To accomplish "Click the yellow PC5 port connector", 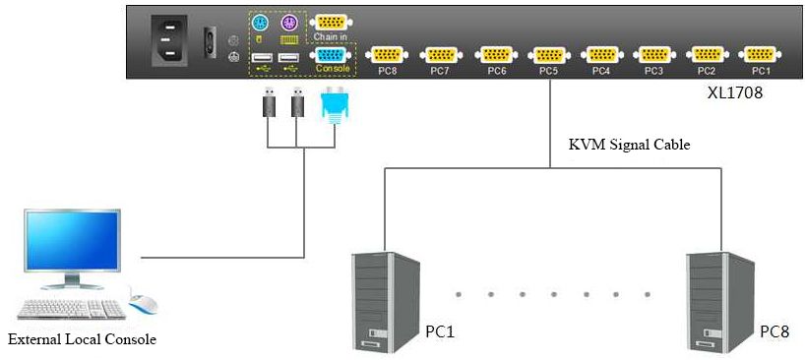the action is click(x=549, y=54).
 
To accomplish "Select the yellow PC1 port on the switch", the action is click(x=760, y=54).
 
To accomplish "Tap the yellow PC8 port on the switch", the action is click(x=387, y=54).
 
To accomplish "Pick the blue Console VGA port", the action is click(x=331, y=55).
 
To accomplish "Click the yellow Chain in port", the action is click(x=331, y=23).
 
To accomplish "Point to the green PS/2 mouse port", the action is click(x=260, y=23).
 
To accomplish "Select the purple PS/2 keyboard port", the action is click(x=289, y=23).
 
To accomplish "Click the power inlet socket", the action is click(x=168, y=40).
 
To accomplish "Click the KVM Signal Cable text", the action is click(x=629, y=145).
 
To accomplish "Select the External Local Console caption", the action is click(x=82, y=339).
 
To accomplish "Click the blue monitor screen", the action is click(x=73, y=241).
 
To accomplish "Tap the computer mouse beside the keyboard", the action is click(x=143, y=303).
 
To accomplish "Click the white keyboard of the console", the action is click(x=72, y=309).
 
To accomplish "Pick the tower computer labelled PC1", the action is click(x=386, y=302).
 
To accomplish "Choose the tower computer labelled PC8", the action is click(x=720, y=302).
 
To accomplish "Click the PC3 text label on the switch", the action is click(x=653, y=71).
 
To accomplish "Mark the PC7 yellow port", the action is click(x=441, y=54).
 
